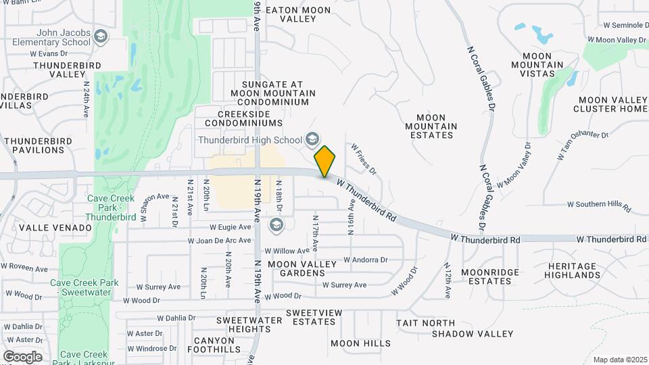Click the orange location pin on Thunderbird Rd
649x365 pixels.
(325, 161)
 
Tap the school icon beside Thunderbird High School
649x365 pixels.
(312, 140)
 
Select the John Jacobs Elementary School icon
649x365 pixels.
(101, 36)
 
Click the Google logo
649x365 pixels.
(22, 356)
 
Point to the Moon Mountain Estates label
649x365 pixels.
(431, 126)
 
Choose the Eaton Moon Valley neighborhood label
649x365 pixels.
(298, 15)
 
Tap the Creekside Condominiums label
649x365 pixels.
(240, 118)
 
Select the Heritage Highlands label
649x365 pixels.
(574, 270)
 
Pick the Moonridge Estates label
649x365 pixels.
(490, 276)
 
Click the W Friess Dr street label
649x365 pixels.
(364, 160)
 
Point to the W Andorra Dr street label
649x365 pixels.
(365, 260)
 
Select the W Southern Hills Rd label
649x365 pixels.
(598, 204)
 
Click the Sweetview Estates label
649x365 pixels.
(310, 317)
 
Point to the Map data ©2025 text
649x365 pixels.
(620, 360)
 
